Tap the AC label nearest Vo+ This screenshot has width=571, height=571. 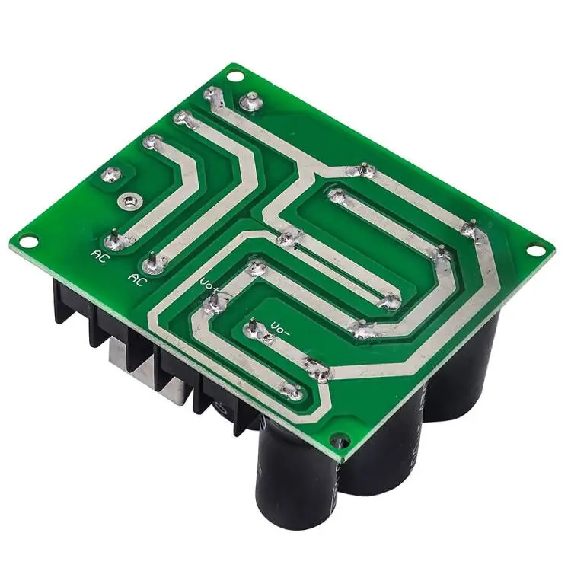tap(138, 279)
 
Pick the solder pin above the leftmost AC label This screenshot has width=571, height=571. tap(113, 241)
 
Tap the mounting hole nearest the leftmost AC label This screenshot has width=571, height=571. tap(28, 241)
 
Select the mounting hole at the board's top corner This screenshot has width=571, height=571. tap(235, 76)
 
